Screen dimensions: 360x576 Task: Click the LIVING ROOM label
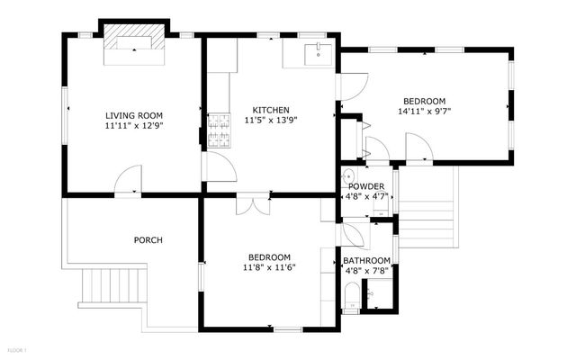click(133, 115)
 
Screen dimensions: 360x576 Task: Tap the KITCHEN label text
click(271, 110)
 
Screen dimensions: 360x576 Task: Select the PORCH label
click(148, 239)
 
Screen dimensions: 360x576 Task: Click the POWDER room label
click(365, 186)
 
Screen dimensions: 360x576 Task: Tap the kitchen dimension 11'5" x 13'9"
click(271, 121)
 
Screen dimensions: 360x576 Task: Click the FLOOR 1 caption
click(17, 349)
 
